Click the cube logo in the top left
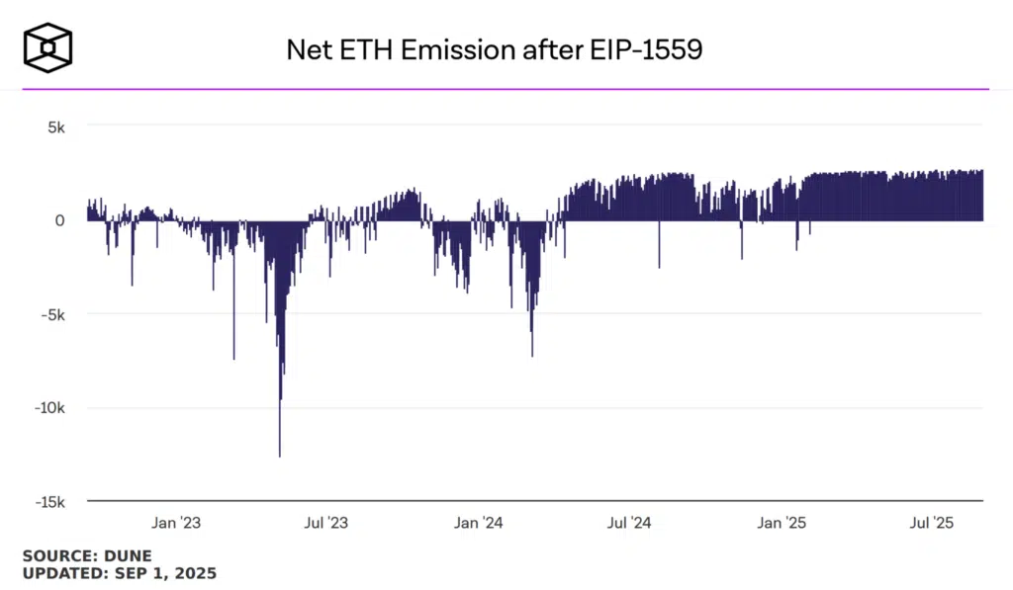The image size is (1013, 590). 47,47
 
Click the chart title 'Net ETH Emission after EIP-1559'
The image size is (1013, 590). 494,50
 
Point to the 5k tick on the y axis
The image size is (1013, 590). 52,126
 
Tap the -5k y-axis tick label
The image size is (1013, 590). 50,314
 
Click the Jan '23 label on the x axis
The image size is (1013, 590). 176,523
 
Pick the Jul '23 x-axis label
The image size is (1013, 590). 325,523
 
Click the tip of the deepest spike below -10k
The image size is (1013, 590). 279,456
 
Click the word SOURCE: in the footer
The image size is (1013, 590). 59,556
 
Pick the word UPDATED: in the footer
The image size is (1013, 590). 63,573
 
